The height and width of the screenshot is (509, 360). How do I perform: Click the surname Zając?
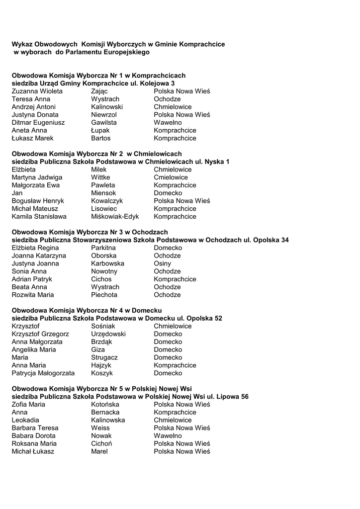[99, 91]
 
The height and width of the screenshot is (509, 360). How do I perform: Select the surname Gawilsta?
[104, 123]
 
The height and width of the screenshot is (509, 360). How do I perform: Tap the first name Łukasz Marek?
[32, 138]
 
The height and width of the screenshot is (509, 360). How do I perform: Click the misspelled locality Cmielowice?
[171, 177]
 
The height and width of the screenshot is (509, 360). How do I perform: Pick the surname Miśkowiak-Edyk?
[115, 217]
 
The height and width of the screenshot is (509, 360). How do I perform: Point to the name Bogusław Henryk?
[38, 201]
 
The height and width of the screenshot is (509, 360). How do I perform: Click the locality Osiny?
[162, 263]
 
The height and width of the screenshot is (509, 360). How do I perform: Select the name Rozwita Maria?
[33, 295]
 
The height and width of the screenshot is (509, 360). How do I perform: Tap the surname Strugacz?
[104, 357]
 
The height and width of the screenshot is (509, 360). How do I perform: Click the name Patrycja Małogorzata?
[43, 373]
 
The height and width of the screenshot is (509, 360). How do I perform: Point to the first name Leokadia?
[25, 420]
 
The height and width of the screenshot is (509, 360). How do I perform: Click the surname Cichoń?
[101, 443]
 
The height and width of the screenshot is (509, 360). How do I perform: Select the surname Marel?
[99, 451]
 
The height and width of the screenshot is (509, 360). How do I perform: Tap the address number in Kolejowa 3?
[173, 84]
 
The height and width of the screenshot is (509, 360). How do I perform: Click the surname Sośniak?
[103, 326]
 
